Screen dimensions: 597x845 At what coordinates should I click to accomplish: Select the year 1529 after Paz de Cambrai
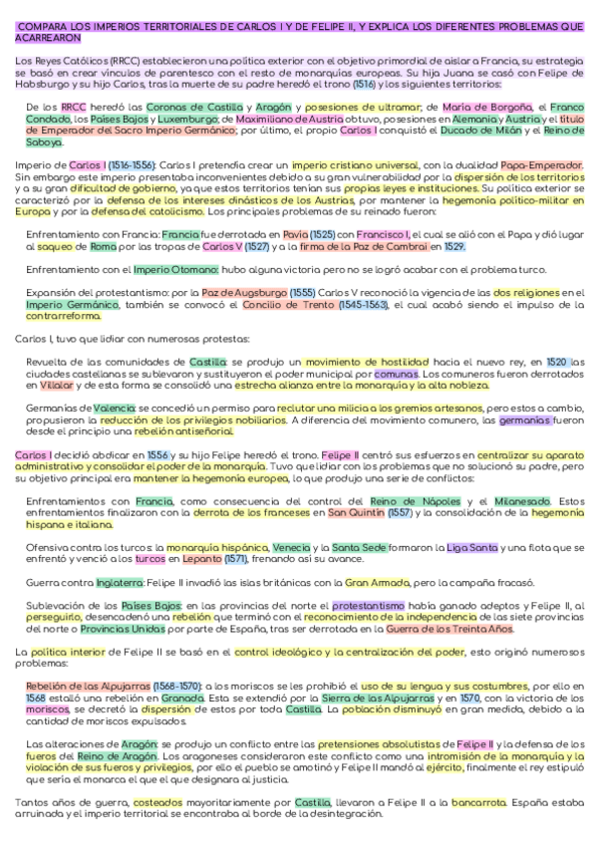454,245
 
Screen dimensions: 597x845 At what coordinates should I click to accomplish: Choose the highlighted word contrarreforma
63,317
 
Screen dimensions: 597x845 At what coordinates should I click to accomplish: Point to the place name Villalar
58,385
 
